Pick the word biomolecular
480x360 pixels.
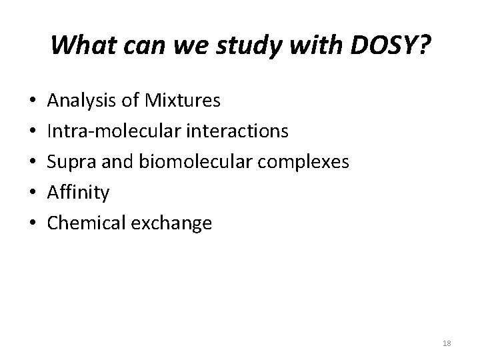(x=185, y=162)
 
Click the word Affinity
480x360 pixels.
(x=78, y=193)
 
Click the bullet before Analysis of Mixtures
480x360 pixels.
(x=33, y=102)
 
